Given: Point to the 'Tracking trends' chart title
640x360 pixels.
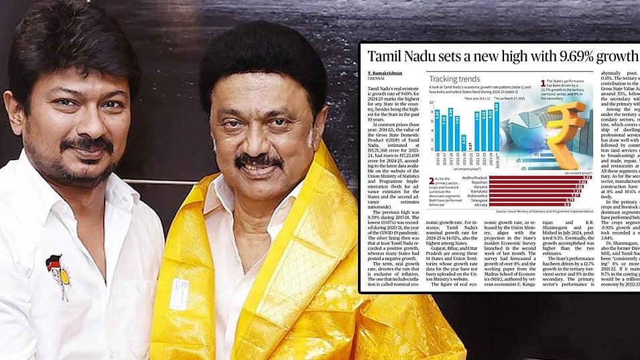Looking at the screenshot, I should pyautogui.click(x=457, y=78).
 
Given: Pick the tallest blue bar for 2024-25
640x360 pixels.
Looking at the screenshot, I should pyautogui.click(x=496, y=127).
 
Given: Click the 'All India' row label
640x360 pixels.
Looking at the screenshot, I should pyautogui.click(x=480, y=204).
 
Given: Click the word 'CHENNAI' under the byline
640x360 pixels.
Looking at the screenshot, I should pyautogui.click(x=376, y=78).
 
